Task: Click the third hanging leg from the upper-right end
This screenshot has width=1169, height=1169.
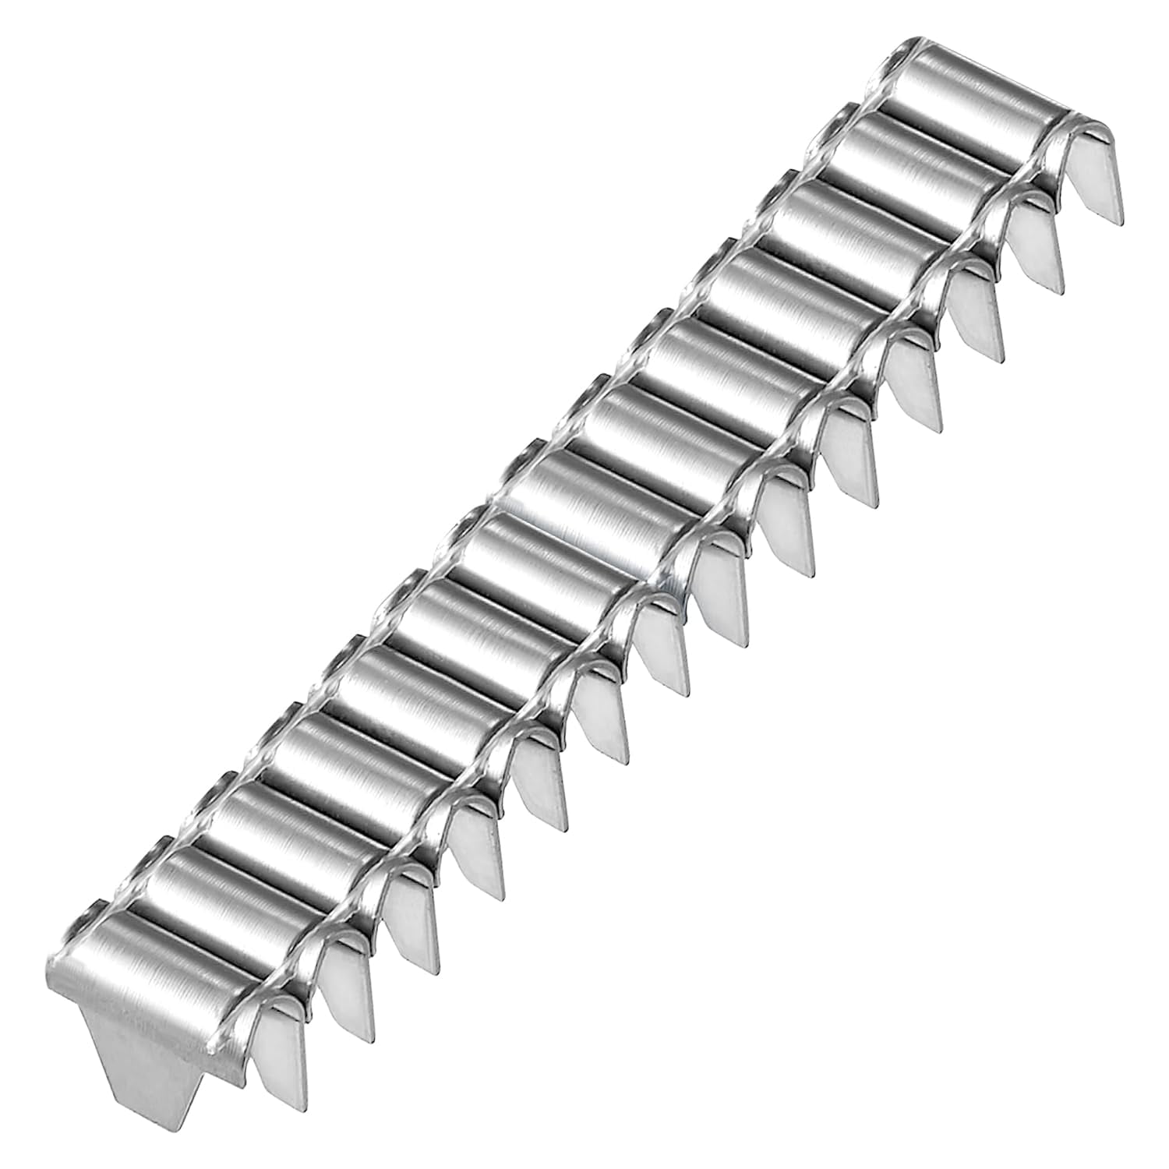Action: click(974, 316)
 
